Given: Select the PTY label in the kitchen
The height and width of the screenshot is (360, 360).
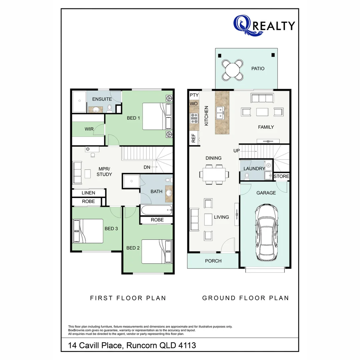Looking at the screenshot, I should (x=194, y=95).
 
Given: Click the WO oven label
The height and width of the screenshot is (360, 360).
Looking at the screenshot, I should (x=194, y=104).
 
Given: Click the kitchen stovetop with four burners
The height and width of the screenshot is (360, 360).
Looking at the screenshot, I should (x=194, y=118).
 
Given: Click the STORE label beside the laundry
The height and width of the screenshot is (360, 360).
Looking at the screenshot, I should (x=281, y=176).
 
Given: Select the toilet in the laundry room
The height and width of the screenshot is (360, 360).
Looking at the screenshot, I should (x=247, y=176).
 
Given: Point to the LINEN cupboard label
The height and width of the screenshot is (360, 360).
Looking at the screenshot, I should (x=88, y=193).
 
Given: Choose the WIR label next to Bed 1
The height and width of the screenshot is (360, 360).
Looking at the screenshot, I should (x=89, y=129).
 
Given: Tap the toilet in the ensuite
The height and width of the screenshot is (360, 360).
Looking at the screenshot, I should (x=109, y=108).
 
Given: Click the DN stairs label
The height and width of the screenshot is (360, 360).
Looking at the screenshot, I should (x=147, y=167).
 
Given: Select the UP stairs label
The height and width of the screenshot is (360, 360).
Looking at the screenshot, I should (x=237, y=151).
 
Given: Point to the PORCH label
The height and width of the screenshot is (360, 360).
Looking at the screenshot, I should (x=213, y=261).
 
